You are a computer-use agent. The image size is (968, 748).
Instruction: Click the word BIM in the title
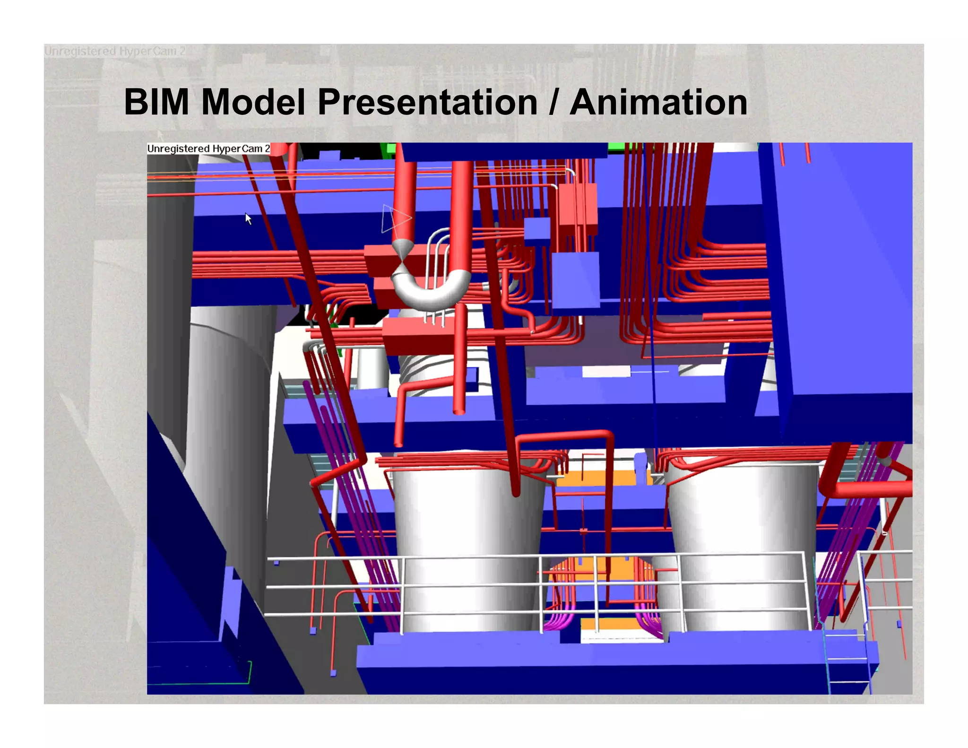coord(156,102)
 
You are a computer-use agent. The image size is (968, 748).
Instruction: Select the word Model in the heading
coord(253,102)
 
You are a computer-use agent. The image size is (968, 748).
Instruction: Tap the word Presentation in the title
coord(427,102)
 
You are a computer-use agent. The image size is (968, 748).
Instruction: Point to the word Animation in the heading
coord(658,102)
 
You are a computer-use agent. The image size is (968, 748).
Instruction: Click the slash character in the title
coord(553,102)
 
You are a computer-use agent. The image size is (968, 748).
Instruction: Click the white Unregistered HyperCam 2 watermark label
coord(208,148)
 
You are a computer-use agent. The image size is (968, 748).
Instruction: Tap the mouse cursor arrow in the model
coord(248,218)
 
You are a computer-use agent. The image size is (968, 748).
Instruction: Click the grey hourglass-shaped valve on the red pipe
coord(402,258)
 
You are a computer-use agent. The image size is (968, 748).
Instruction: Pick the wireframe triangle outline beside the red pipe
coord(395,218)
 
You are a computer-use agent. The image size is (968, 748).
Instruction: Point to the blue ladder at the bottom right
coord(848,662)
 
